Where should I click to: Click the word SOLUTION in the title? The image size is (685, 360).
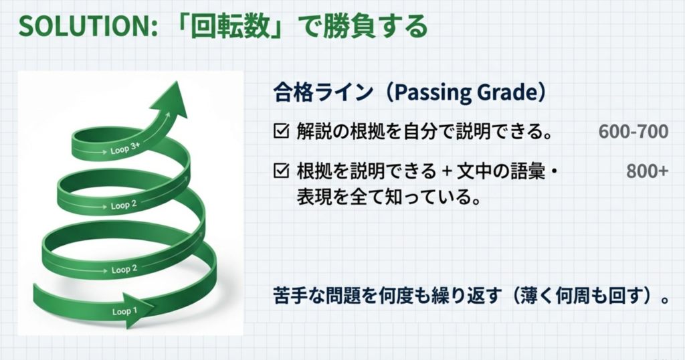84,27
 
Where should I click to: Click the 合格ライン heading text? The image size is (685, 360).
323,92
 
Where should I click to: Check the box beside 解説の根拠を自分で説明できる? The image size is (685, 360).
282,131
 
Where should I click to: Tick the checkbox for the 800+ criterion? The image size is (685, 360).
282,171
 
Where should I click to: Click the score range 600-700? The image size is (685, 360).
633,132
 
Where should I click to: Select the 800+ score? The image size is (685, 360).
647,171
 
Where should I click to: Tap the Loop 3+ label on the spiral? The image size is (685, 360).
125,149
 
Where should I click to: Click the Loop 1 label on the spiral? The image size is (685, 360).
124,311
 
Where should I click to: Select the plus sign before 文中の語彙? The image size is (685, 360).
446,171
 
